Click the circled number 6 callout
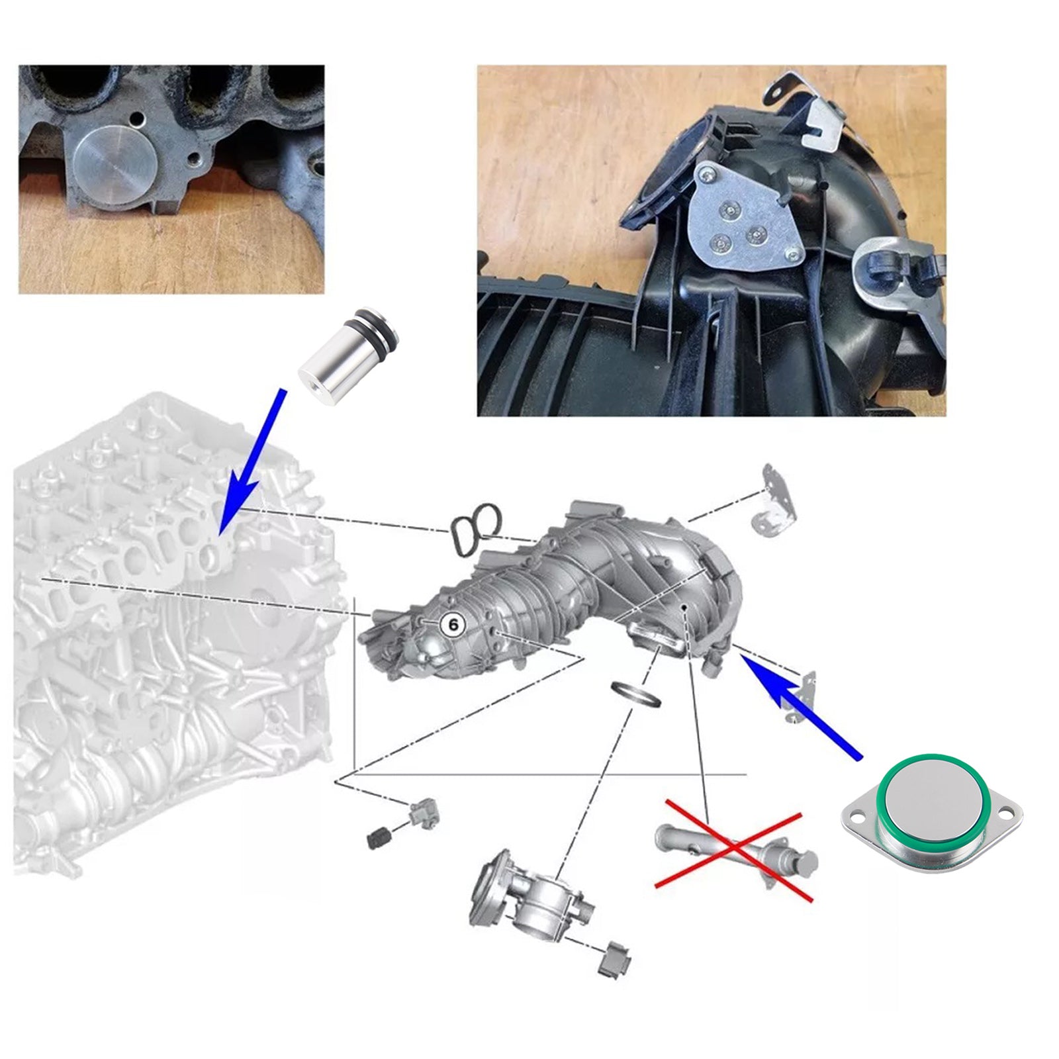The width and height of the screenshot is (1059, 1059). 453,624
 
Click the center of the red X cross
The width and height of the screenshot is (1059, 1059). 733,849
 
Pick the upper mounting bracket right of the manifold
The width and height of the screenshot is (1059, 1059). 774,500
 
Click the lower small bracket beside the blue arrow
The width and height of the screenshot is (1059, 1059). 803,697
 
